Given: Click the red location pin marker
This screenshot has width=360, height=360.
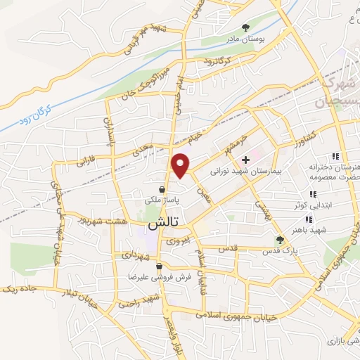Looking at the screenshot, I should [181, 165].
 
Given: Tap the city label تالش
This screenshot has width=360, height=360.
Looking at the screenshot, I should [163, 223].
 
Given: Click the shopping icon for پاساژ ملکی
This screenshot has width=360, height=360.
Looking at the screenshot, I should [162, 189].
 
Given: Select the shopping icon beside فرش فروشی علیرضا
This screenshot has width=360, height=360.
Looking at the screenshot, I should [160, 266].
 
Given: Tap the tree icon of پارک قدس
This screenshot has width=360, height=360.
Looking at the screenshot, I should [280, 239].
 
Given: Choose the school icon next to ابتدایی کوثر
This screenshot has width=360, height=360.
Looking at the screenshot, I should [312, 195].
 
